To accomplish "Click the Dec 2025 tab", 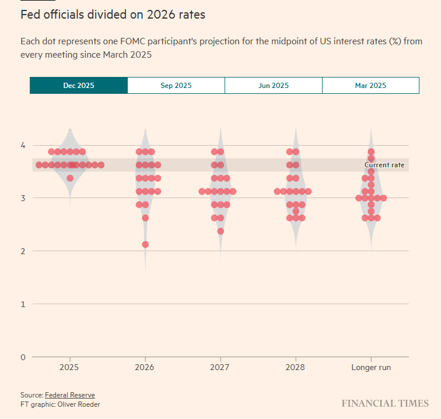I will [x=78, y=85].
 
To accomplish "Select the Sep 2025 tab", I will [x=176, y=85].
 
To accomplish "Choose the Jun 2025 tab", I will [x=273, y=85].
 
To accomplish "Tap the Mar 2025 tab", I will [x=370, y=85].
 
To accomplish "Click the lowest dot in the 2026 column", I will [x=145, y=244].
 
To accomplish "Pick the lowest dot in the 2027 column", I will [x=220, y=231].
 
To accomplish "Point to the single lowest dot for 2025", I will [x=70, y=178].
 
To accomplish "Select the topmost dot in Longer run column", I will [x=371, y=152].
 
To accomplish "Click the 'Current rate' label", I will [x=384, y=165].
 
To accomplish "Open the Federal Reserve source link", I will [x=69, y=395].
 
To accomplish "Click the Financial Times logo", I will [x=385, y=403].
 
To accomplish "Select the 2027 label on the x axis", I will [x=220, y=368].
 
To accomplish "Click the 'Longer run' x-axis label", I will [x=371, y=368].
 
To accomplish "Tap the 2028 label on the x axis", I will [x=296, y=368].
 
